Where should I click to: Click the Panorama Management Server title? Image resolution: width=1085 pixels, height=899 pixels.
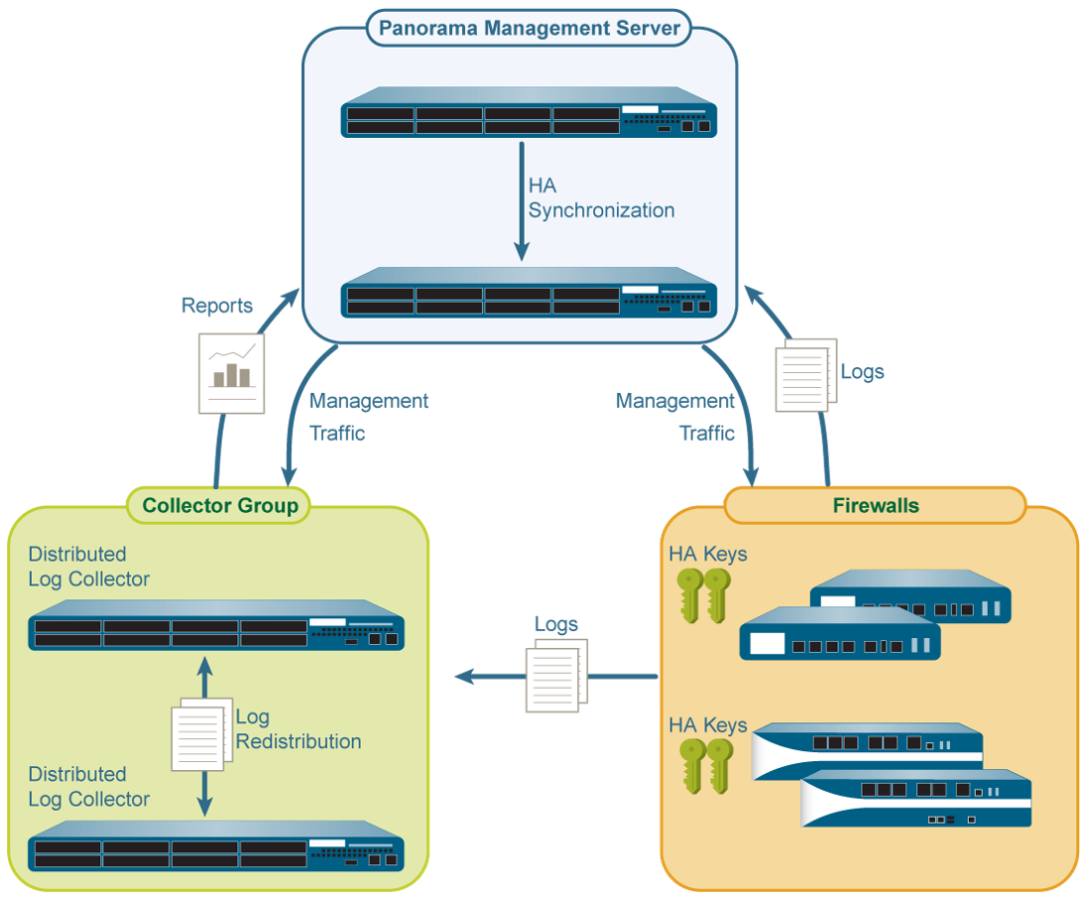click(x=530, y=28)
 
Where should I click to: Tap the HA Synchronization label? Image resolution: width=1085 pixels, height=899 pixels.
click(x=601, y=197)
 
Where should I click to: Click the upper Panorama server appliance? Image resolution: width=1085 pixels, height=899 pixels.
click(x=529, y=113)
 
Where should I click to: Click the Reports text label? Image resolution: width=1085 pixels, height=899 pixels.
click(x=216, y=306)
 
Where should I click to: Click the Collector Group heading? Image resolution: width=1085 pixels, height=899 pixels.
click(x=220, y=506)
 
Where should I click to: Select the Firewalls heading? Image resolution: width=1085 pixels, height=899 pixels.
click(x=875, y=506)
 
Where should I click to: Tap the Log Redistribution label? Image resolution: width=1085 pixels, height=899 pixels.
click(x=298, y=729)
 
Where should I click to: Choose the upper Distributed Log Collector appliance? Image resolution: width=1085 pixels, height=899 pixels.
click(x=217, y=626)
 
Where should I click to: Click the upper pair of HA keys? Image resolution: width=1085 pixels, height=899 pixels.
click(x=702, y=594)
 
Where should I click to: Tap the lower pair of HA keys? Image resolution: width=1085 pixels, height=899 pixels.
click(x=705, y=765)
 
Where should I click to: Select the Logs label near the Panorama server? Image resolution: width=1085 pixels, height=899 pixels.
click(x=862, y=373)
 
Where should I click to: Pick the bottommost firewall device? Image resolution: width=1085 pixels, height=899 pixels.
click(x=915, y=799)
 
